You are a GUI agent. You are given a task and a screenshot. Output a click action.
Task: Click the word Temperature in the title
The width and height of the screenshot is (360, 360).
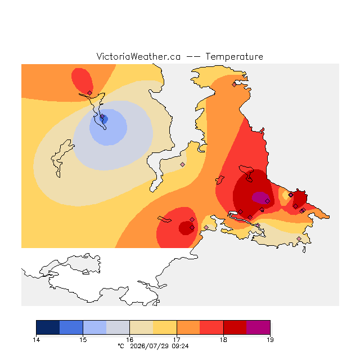point(234,57)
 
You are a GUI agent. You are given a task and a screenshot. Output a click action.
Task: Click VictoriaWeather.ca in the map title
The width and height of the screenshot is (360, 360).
point(138,57)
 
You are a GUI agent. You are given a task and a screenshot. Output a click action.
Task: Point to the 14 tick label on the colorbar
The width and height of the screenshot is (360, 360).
point(36,340)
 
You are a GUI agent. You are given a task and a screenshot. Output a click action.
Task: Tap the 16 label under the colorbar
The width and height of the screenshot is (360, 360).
point(130,340)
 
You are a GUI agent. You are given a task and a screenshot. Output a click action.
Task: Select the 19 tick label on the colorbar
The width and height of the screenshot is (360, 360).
point(270,340)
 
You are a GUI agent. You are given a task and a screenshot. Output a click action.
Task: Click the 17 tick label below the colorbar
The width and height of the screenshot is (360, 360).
point(177,340)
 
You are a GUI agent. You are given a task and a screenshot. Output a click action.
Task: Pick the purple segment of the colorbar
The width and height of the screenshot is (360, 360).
point(258,327)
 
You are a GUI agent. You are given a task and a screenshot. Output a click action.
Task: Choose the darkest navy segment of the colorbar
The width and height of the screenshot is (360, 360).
point(48,327)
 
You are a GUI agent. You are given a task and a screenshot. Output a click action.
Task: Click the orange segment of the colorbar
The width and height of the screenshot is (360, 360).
point(188,327)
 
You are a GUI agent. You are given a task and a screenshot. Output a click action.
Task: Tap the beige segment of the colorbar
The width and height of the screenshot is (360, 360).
point(141,327)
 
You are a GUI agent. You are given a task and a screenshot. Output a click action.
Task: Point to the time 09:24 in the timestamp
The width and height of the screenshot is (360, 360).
point(180,346)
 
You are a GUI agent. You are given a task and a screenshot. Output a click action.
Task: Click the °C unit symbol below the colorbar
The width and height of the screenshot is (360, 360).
point(121,346)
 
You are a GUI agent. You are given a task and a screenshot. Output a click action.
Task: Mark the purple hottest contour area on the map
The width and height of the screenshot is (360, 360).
point(260,197)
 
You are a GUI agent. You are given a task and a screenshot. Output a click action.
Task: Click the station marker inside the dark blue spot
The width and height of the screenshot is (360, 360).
point(102,117)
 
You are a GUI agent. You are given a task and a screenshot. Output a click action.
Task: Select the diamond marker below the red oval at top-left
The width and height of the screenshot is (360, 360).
point(90,93)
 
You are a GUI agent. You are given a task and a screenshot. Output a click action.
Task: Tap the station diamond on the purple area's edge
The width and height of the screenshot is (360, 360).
point(268,201)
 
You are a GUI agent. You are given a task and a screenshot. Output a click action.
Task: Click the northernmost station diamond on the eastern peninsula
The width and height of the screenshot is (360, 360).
point(234,85)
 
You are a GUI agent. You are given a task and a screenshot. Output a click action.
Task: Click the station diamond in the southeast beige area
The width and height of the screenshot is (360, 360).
point(299,238)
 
